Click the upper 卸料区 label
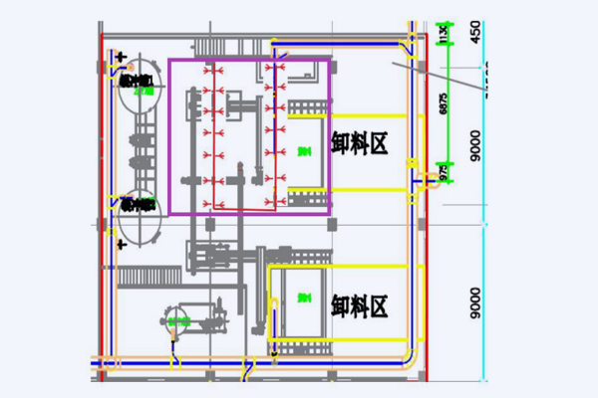coord(359,145)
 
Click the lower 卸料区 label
coord(359,304)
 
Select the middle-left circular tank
coord(139,207)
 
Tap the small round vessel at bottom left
coord(179,319)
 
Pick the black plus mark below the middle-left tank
coord(121,243)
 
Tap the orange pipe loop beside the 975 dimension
coord(434,179)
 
